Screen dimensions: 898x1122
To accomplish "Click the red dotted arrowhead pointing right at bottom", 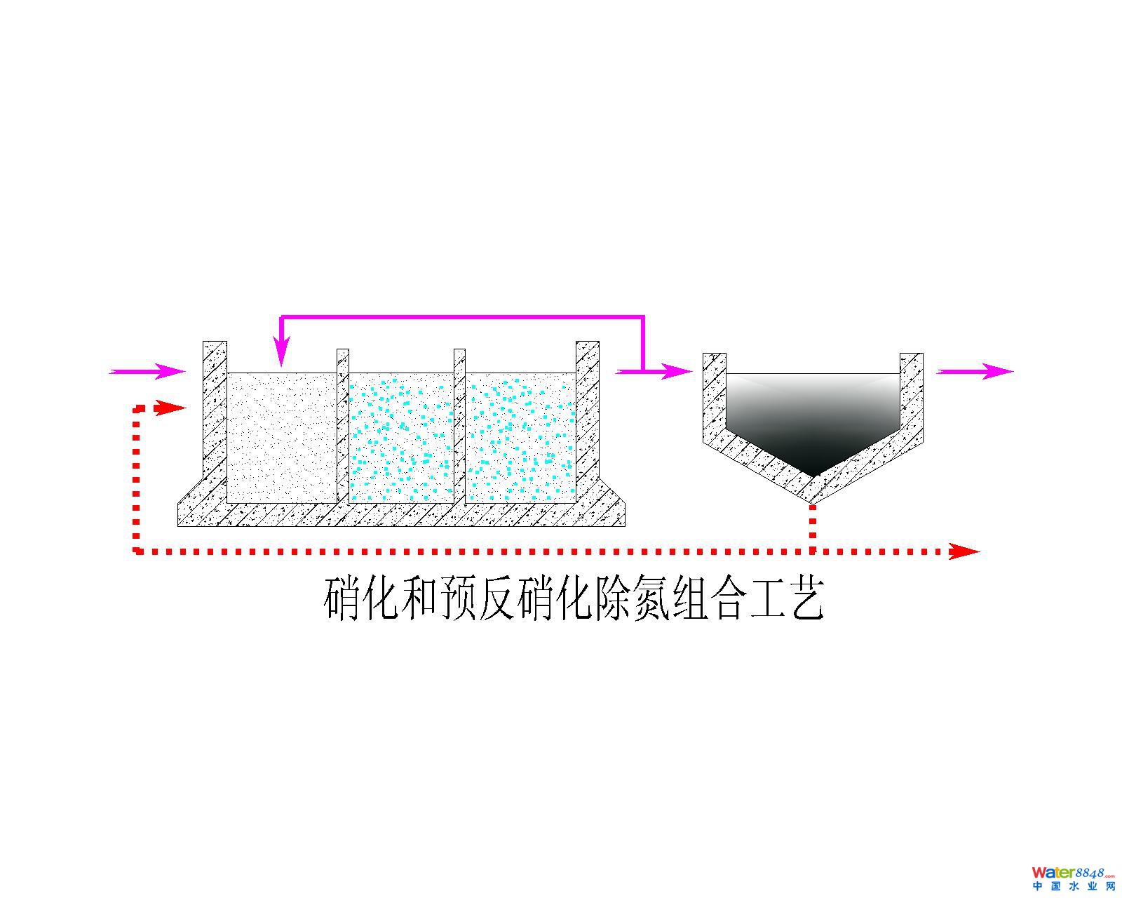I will (x=964, y=551).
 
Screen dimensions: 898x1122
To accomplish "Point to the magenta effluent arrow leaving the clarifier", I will (x=975, y=371).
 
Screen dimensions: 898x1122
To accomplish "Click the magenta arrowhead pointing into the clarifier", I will (x=676, y=371).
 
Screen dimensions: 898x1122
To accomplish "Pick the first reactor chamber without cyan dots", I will (x=282, y=436).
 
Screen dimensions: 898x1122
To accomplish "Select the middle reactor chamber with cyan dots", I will (x=401, y=436).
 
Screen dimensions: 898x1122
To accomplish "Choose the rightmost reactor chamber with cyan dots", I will (x=520, y=436).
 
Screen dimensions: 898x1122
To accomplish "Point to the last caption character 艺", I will (x=806, y=598).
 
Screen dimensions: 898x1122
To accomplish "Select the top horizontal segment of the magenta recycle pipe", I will (x=463, y=318).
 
